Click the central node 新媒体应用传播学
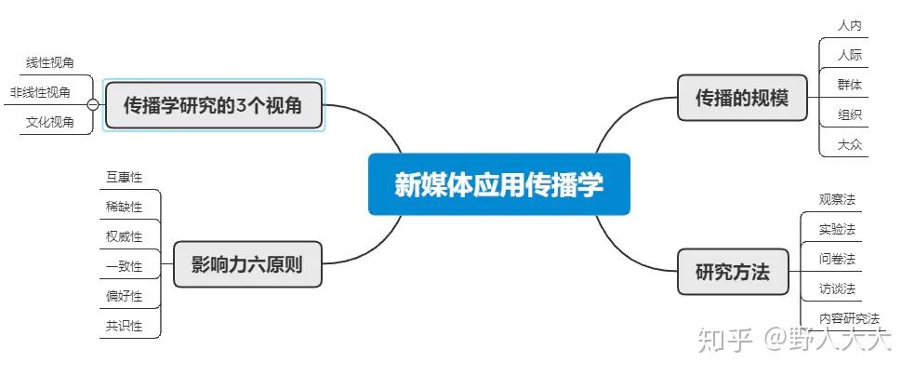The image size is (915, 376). pyautogui.click(x=498, y=184)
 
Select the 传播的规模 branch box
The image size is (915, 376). pyautogui.click(x=742, y=98)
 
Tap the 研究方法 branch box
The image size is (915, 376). pyautogui.click(x=733, y=273)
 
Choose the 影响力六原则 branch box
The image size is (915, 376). pyautogui.click(x=246, y=264)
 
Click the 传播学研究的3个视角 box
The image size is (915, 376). pyautogui.click(x=213, y=105)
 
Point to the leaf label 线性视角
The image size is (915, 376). pyautogui.click(x=50, y=62)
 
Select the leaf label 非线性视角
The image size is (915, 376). pyautogui.click(x=40, y=92)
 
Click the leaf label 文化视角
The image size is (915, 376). pyautogui.click(x=50, y=122)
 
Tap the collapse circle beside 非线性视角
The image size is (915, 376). pyautogui.click(x=92, y=105)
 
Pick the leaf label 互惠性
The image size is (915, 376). pyautogui.click(x=125, y=177)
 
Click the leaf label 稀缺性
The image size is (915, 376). pyautogui.click(x=125, y=207)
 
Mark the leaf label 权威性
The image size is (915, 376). pyautogui.click(x=125, y=236)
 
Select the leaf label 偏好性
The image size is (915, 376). pyautogui.click(x=125, y=296)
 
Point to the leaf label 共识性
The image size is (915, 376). pyautogui.click(x=125, y=326)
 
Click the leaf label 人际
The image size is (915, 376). pyautogui.click(x=849, y=55)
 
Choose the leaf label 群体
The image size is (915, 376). pyautogui.click(x=849, y=85)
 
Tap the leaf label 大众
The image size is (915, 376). pyautogui.click(x=849, y=144)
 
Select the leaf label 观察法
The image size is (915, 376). pyautogui.click(x=837, y=199)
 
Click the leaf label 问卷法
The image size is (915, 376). pyautogui.click(x=837, y=259)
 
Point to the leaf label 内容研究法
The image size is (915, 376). pyautogui.click(x=849, y=318)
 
